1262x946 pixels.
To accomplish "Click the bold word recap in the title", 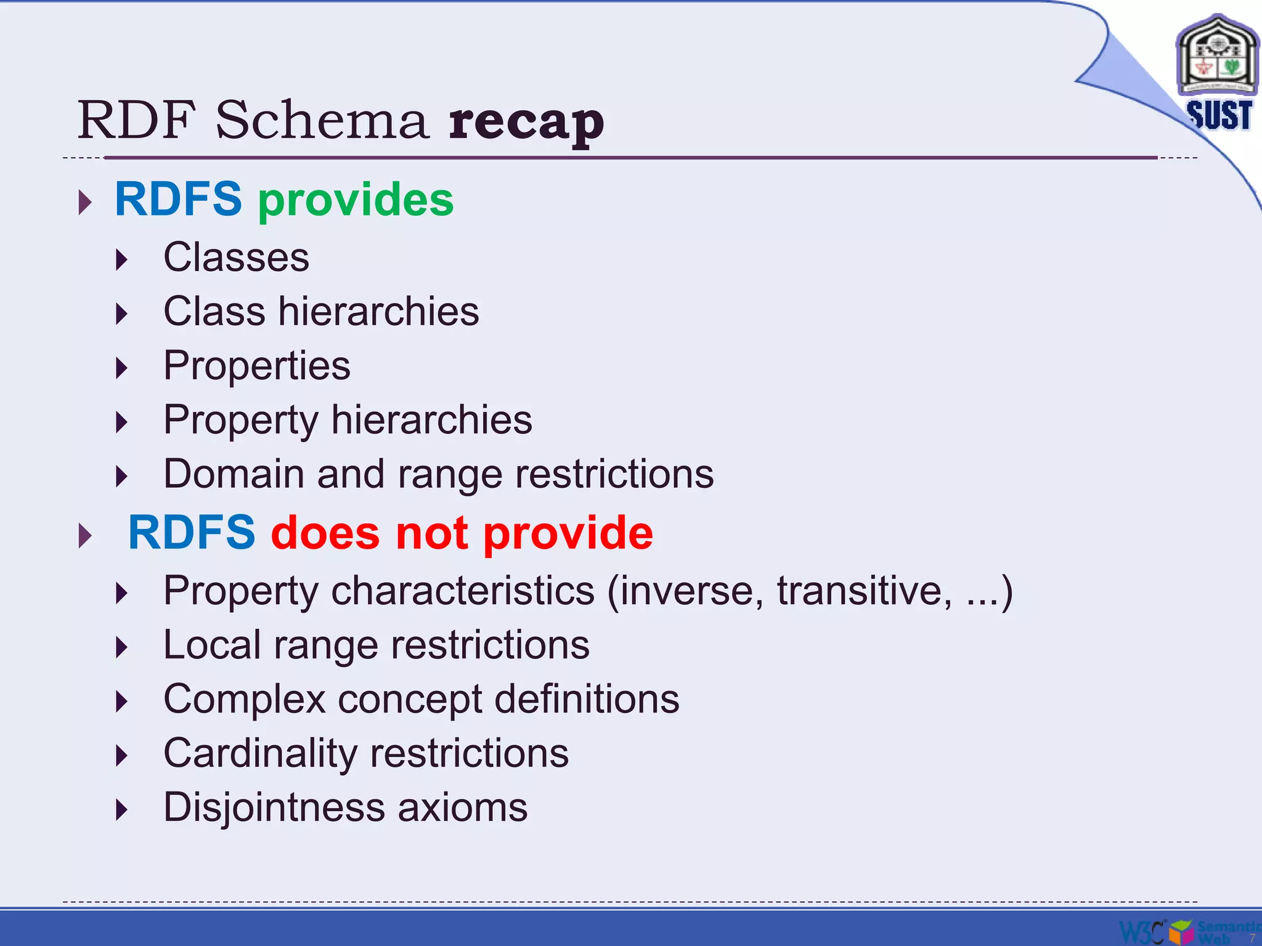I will point(526,121).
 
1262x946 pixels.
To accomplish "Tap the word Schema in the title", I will point(321,119).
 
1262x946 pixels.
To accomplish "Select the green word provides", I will point(356,200).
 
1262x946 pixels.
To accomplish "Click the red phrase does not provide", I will point(462,533).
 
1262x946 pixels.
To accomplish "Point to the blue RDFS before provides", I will point(178,200).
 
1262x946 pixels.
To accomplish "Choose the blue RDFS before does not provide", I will point(192,533).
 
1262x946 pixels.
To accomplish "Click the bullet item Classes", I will point(236,257).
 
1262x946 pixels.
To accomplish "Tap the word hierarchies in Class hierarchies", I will point(378,312).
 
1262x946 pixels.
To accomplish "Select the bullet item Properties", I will point(256,366).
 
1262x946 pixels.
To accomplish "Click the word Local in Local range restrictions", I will point(212,645).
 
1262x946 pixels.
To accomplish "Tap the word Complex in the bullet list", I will point(244,700).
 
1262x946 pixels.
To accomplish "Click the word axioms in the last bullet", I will point(462,808).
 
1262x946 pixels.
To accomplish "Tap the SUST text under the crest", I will point(1219,115).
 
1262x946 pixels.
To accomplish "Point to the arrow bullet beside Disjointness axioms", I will point(121,810).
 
